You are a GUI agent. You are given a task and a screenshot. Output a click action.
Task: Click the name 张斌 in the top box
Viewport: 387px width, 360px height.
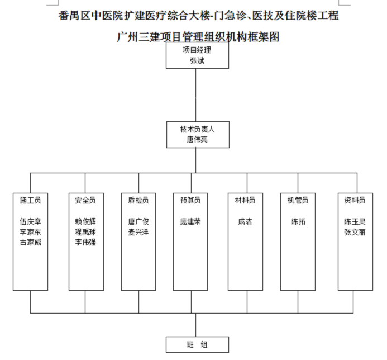[197, 60]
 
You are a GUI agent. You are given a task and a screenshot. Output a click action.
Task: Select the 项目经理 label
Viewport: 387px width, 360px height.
[197, 49]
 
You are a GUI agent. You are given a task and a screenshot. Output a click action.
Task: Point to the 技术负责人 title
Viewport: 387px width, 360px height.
[197, 129]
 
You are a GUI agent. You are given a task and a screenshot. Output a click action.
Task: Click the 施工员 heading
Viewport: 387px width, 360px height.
[30, 200]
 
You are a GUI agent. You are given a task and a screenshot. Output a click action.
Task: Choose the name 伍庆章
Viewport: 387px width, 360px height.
[30, 221]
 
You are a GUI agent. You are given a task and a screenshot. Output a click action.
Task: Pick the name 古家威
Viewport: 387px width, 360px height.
[30, 242]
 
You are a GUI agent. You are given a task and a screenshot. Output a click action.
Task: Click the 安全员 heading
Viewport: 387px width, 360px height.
[85, 200]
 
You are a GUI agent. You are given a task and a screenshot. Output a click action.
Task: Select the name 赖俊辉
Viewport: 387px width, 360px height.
[85, 221]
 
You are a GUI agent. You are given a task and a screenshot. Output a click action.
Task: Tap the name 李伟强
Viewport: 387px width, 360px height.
[85, 242]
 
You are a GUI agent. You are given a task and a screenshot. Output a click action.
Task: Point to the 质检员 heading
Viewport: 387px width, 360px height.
[138, 200]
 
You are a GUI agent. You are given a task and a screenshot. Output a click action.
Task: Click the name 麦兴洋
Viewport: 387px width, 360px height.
[138, 232]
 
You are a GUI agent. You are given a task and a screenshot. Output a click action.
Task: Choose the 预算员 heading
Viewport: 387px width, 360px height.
[190, 200]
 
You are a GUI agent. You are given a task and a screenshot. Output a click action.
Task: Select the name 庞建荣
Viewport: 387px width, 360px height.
[190, 221]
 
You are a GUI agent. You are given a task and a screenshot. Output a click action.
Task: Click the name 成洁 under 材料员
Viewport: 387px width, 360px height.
[245, 221]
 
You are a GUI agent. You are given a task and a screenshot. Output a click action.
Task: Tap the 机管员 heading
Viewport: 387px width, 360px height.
[298, 200]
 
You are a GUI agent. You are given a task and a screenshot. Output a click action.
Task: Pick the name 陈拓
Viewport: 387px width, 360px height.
[298, 221]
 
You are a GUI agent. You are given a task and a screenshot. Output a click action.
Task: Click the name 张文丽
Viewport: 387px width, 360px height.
[355, 232]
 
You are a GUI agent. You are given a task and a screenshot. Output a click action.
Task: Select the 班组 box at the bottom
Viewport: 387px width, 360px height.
[197, 344]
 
